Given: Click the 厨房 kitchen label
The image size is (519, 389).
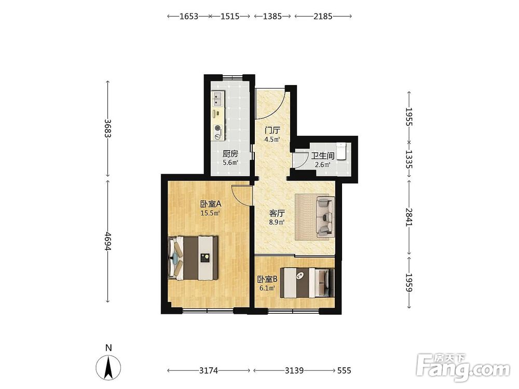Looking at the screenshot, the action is pyautogui.click(x=230, y=154).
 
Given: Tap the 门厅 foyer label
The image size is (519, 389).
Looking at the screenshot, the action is pyautogui.click(x=272, y=130).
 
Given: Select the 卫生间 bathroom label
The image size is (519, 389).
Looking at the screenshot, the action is pyautogui.click(x=322, y=156).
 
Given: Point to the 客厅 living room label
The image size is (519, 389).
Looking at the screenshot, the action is pyautogui.click(x=277, y=213).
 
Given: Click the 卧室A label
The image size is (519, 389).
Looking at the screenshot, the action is pyautogui.click(x=210, y=203).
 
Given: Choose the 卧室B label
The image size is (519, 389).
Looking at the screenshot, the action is pyautogui.click(x=267, y=279).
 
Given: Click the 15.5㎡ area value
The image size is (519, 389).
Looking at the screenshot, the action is pyautogui.click(x=210, y=213).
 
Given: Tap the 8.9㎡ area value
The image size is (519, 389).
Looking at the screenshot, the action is pyautogui.click(x=277, y=223).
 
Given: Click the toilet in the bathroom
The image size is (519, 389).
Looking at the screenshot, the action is pyautogui.click(x=341, y=151).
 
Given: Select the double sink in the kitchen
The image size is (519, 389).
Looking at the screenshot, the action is pyautogui.click(x=217, y=99).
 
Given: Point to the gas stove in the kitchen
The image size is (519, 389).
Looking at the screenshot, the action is pyautogui.click(x=217, y=132).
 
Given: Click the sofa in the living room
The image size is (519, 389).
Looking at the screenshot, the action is pyautogui.click(x=325, y=217).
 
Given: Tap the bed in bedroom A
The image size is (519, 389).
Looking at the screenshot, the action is pyautogui.click(x=193, y=258).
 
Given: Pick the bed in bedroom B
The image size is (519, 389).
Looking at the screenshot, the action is pyautogui.click(x=307, y=283).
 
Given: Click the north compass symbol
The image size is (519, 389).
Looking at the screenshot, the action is pyautogui.click(x=108, y=367).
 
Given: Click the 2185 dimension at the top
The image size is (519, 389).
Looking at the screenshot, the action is pyautogui.click(x=323, y=16).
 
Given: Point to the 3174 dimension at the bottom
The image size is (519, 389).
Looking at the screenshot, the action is pyautogui.click(x=209, y=371).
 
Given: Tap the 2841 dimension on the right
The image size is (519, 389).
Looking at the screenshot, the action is pyautogui.click(x=409, y=217).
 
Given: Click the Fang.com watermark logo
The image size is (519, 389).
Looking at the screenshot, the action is pyautogui.click(x=463, y=367).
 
